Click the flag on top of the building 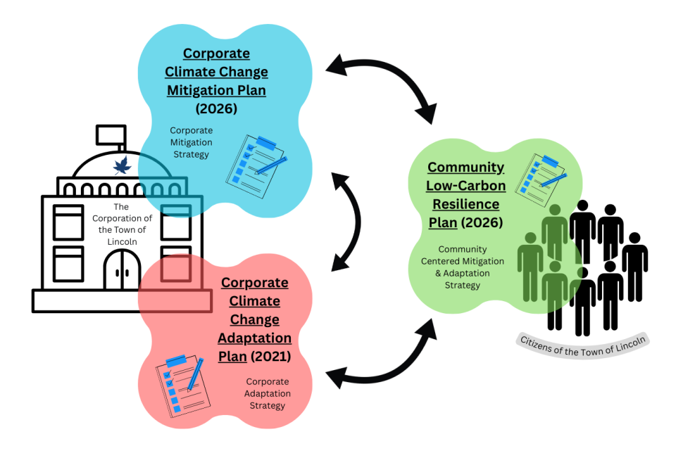[x=112, y=134]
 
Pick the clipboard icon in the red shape [x=180, y=383]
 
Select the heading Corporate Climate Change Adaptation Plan [x=254, y=319]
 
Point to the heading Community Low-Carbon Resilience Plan [x=465, y=195]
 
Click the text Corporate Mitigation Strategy [x=190, y=142]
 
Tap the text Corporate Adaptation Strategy [x=267, y=393]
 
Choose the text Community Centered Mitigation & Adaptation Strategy [x=462, y=267]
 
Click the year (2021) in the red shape [x=271, y=356]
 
